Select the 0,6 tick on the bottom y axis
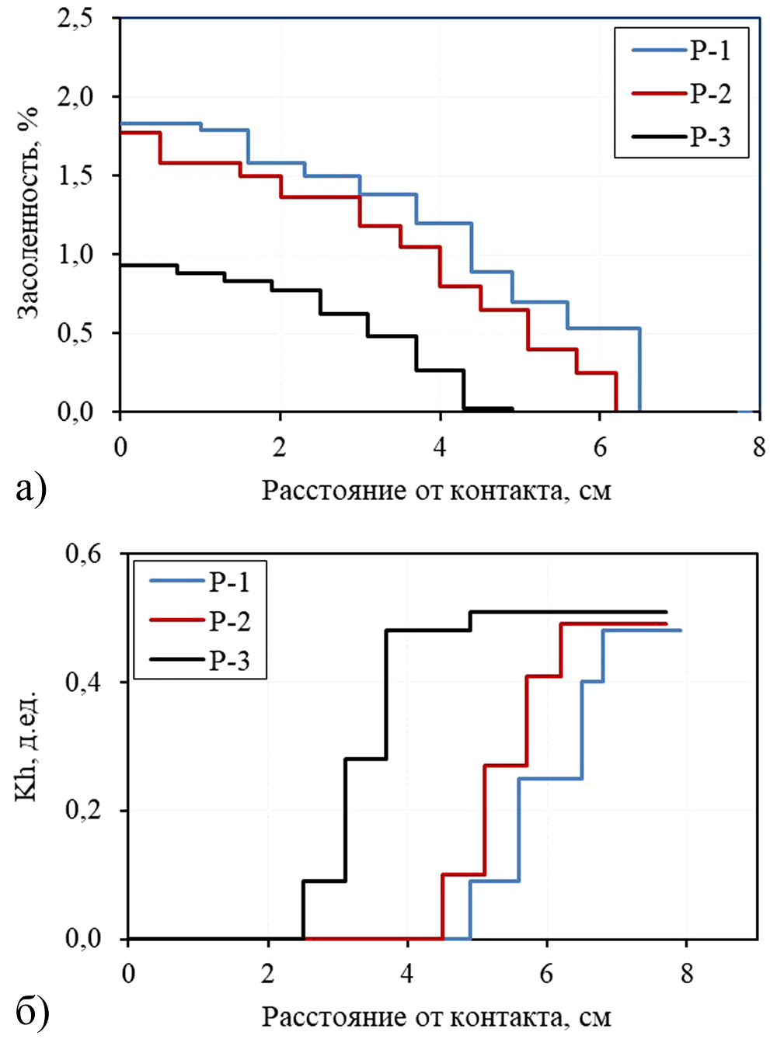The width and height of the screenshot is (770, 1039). click(83, 554)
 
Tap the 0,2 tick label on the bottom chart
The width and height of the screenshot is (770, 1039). click(83, 811)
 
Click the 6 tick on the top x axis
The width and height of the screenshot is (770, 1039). click(599, 448)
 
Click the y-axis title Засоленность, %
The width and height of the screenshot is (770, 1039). click(29, 214)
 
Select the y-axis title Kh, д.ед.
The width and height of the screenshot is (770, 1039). click(29, 745)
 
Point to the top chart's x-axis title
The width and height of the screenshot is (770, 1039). click(436, 491)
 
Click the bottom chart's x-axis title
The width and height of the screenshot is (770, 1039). click(436, 1016)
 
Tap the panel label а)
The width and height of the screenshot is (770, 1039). click(31, 489)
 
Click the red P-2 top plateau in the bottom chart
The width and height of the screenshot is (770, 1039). click(614, 624)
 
